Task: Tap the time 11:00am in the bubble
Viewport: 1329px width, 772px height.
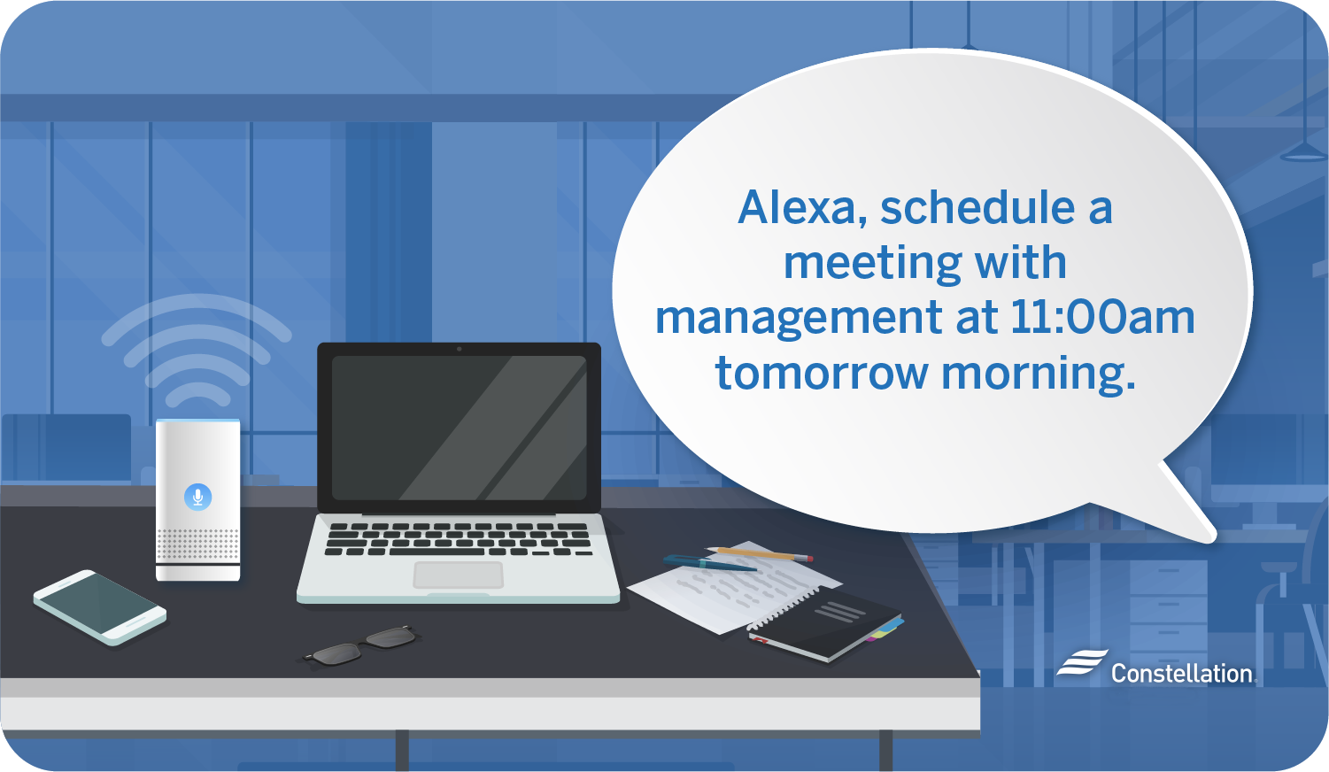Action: (1102, 318)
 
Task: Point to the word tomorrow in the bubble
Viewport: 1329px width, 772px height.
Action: (822, 373)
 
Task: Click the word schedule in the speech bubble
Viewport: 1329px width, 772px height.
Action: (977, 207)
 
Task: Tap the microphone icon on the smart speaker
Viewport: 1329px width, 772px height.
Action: (197, 497)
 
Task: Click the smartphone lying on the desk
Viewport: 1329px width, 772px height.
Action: (100, 607)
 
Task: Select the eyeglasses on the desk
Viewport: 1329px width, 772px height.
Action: (361, 645)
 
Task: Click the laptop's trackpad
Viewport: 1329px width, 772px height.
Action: (458, 575)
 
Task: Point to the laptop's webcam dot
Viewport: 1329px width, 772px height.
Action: (459, 349)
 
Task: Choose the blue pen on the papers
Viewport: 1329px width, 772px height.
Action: (709, 563)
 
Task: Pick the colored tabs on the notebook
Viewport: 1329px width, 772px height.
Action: (885, 629)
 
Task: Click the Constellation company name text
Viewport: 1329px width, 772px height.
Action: (1182, 674)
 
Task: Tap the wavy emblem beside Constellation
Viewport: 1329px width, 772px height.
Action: (1082, 662)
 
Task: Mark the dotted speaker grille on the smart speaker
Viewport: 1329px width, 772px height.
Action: (197, 544)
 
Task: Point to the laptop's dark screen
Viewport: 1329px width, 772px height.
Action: (459, 428)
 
